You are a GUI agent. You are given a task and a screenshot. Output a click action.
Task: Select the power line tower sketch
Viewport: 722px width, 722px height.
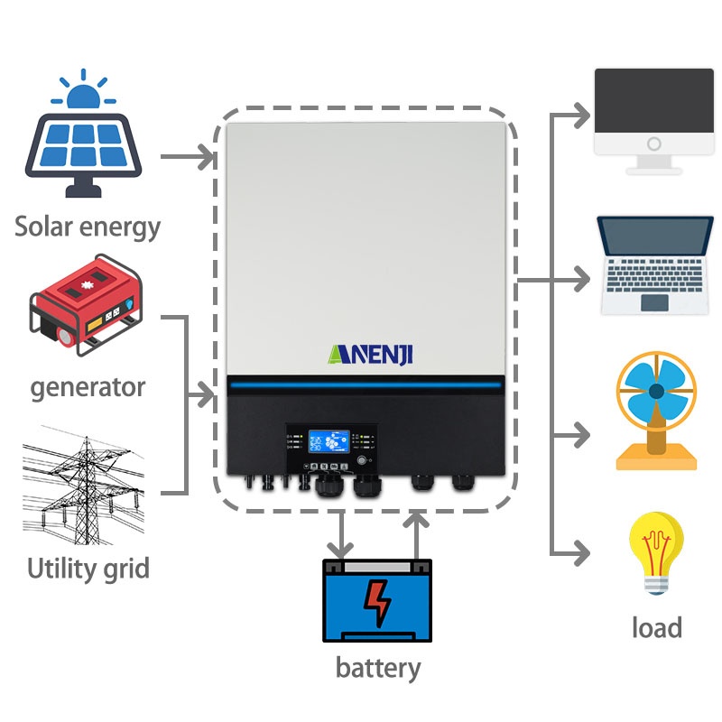click(x=83, y=483)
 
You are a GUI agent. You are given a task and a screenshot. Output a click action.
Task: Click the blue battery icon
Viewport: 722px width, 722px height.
click(x=377, y=600)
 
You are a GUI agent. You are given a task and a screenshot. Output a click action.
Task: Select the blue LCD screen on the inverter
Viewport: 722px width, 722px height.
click(x=324, y=441)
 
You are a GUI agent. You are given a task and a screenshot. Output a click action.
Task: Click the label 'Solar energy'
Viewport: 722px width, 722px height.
click(x=88, y=226)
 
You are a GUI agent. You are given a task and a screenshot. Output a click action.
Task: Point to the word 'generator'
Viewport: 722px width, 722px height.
click(x=88, y=387)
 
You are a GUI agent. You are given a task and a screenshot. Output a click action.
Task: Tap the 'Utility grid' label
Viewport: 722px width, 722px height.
click(x=88, y=569)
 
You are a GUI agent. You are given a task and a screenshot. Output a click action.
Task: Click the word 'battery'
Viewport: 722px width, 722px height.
click(x=378, y=668)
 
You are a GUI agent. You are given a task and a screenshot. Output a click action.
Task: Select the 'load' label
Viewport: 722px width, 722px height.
click(x=656, y=626)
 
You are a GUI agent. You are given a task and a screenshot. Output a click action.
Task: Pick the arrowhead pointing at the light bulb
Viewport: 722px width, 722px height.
click(x=584, y=551)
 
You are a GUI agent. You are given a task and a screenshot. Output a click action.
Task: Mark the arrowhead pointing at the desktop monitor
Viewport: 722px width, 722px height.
click(x=584, y=116)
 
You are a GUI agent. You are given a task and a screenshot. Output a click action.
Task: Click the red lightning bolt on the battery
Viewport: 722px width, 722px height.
click(x=376, y=603)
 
